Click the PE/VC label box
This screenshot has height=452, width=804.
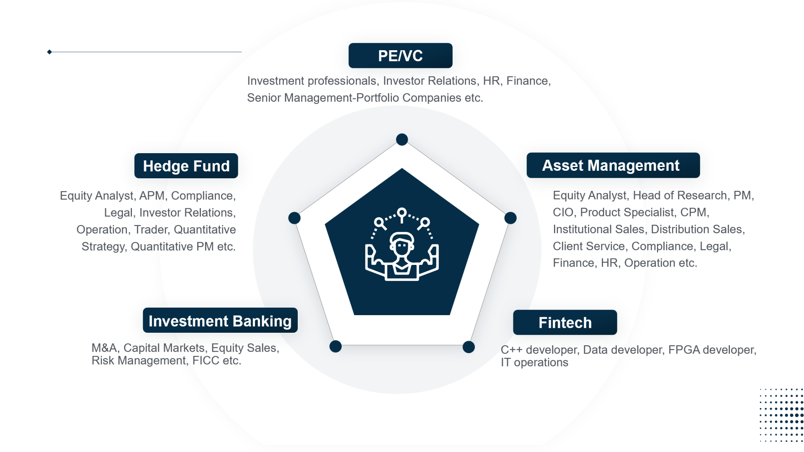click(400, 56)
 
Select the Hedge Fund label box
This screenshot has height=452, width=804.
click(186, 166)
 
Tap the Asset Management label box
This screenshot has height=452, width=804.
click(613, 165)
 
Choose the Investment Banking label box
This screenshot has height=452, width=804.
click(220, 321)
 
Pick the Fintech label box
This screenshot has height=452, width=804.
click(565, 322)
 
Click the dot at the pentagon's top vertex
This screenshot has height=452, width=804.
click(402, 139)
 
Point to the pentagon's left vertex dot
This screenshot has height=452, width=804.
click(294, 218)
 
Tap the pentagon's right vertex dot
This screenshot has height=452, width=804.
click(510, 218)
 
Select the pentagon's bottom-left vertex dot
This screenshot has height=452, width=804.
click(335, 347)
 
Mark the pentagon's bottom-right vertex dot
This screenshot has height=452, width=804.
click(469, 347)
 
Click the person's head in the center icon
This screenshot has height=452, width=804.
click(402, 244)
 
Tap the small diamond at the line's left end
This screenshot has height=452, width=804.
click(49, 52)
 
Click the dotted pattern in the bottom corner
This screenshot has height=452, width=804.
click(781, 415)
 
